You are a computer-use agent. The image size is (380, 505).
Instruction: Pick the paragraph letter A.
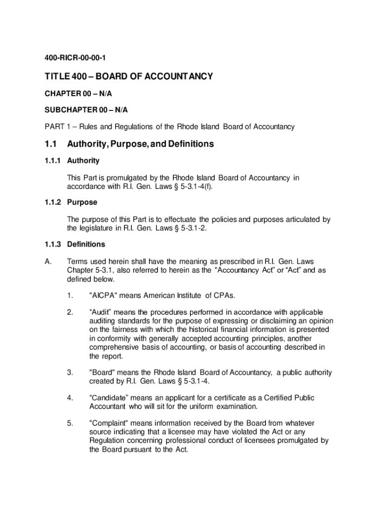[48, 261]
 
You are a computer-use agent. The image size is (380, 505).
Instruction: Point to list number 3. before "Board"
[71, 373]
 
